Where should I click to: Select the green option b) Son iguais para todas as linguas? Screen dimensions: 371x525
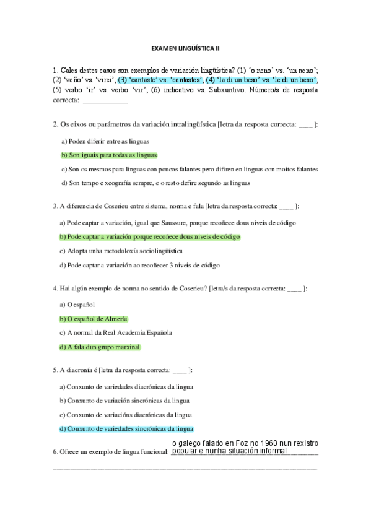click(x=109, y=155)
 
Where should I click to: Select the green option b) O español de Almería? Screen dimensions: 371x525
click(x=93, y=318)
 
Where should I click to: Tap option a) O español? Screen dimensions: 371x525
click(x=77, y=305)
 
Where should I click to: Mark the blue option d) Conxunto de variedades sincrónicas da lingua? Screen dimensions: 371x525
click(x=126, y=428)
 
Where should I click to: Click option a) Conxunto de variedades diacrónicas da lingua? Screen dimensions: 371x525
click(x=126, y=386)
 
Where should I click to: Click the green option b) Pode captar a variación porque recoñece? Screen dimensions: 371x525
click(x=149, y=237)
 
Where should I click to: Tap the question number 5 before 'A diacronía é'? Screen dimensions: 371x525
click(x=55, y=370)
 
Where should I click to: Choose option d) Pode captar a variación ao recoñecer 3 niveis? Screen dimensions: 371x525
click(x=140, y=265)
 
